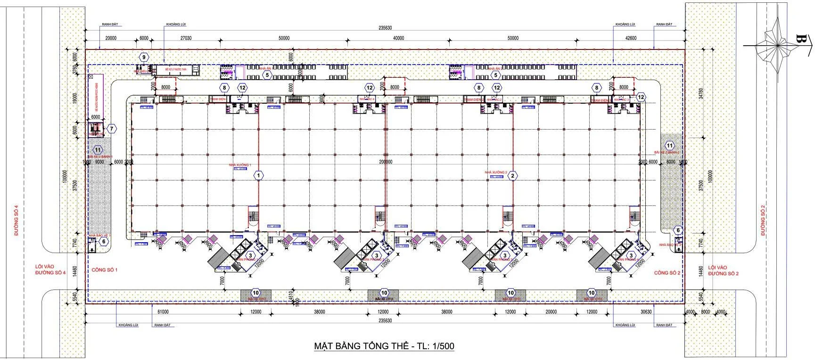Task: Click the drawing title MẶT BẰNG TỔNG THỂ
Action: coord(384,346)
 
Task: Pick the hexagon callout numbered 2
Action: coord(513,176)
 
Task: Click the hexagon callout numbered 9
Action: coord(144,57)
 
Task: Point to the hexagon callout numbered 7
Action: coord(111,128)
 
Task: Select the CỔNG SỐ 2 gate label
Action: coord(667,273)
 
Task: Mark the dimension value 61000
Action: coord(163,311)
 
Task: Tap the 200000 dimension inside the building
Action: coord(386,162)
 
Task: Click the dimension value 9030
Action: coord(100,162)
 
